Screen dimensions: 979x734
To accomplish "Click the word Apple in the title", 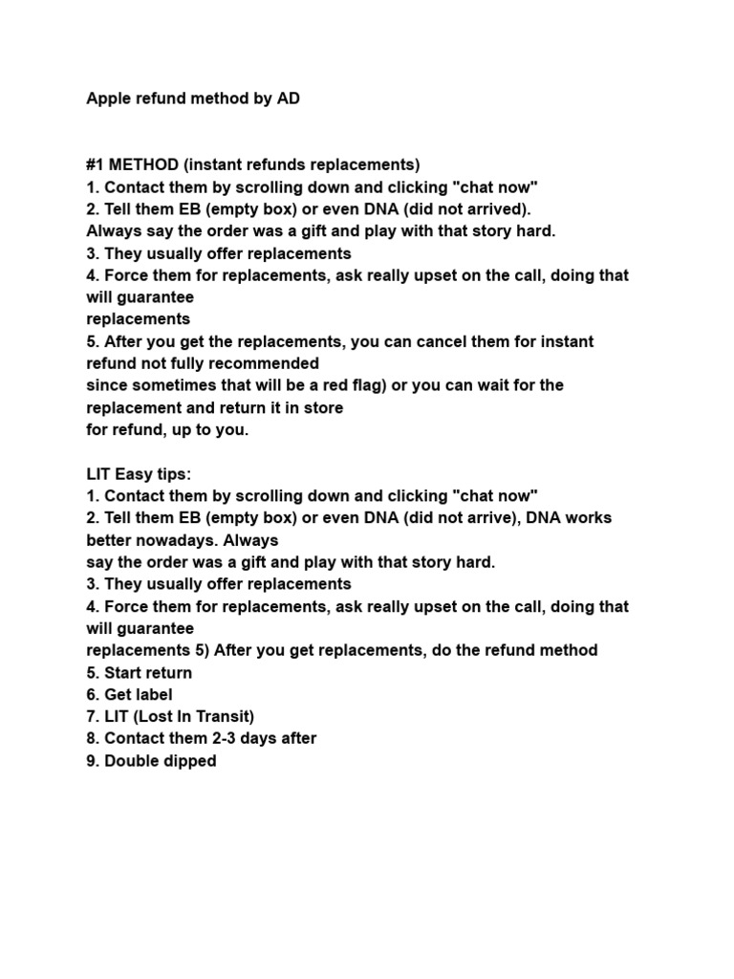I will click(x=109, y=98).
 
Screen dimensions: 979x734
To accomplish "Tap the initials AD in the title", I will click(x=288, y=98).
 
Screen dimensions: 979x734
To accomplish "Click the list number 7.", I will click(x=92, y=716).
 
